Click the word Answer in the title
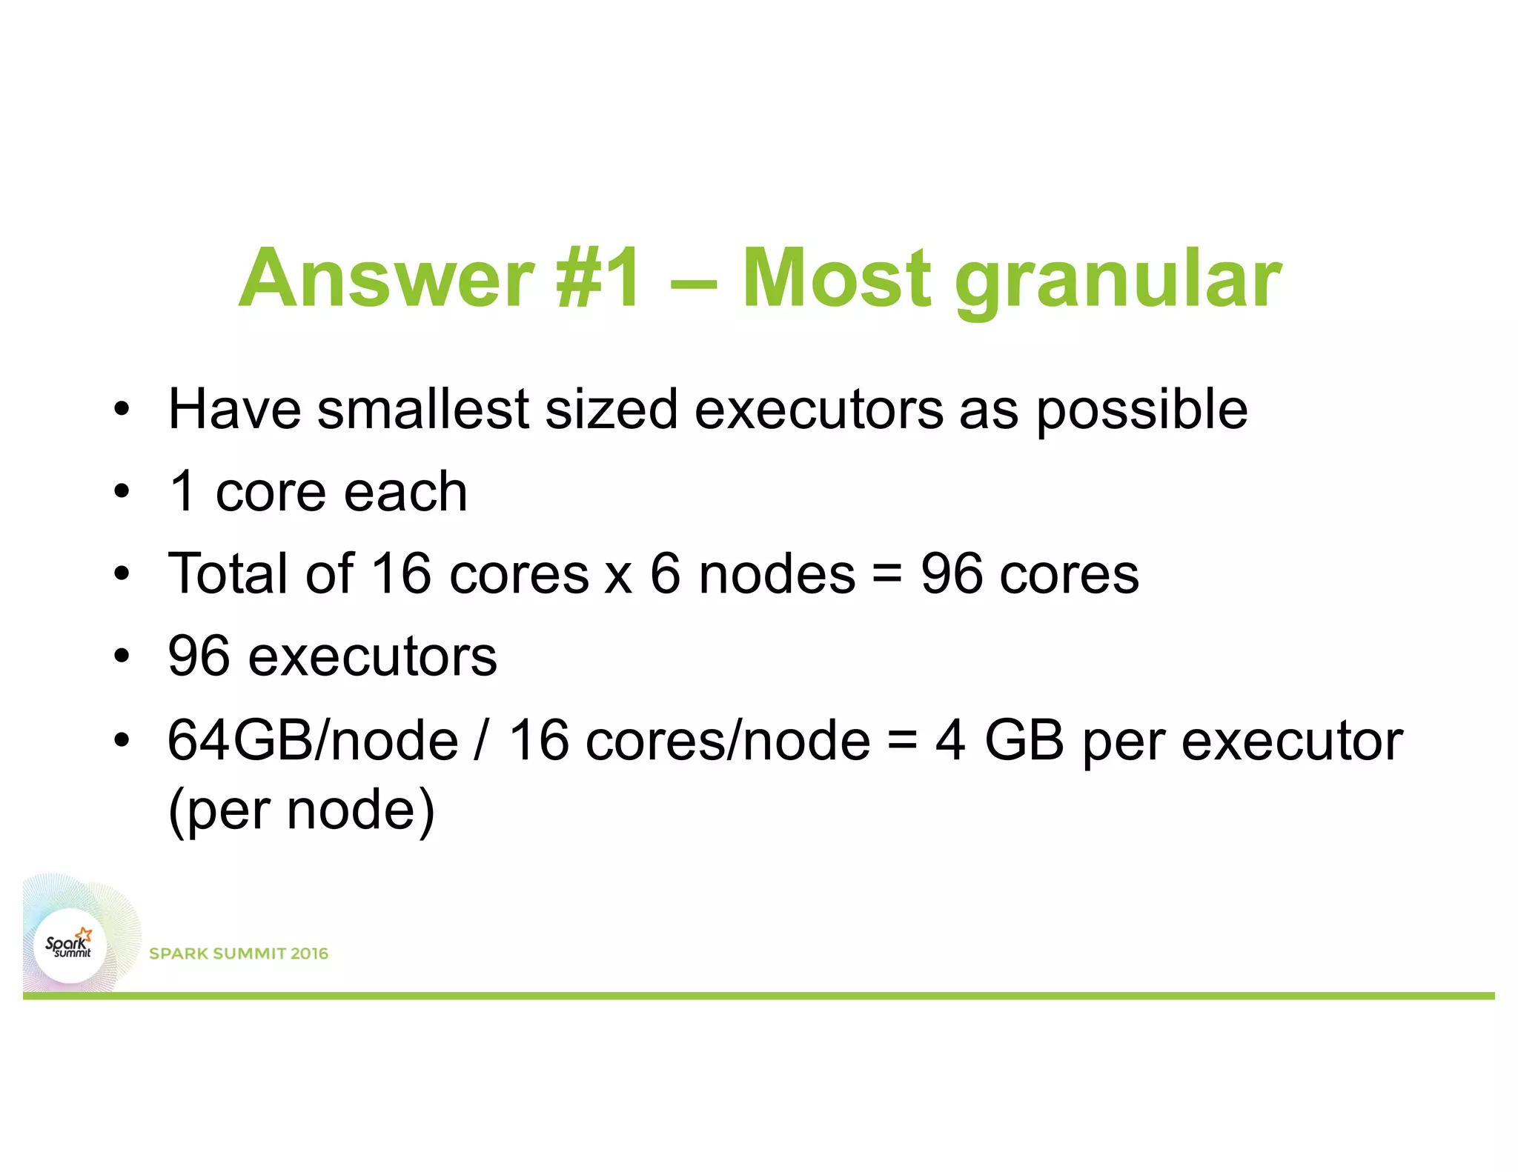pos(385,279)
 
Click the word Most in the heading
pos(836,279)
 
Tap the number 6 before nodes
pos(665,574)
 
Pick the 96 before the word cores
pos(952,574)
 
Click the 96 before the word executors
pos(199,656)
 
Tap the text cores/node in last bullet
pos(727,740)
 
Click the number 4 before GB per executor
pos(950,740)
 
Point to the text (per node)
pos(301,810)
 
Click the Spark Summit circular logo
pos(69,945)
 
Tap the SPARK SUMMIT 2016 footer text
pos(239,953)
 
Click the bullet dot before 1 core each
pos(122,492)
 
